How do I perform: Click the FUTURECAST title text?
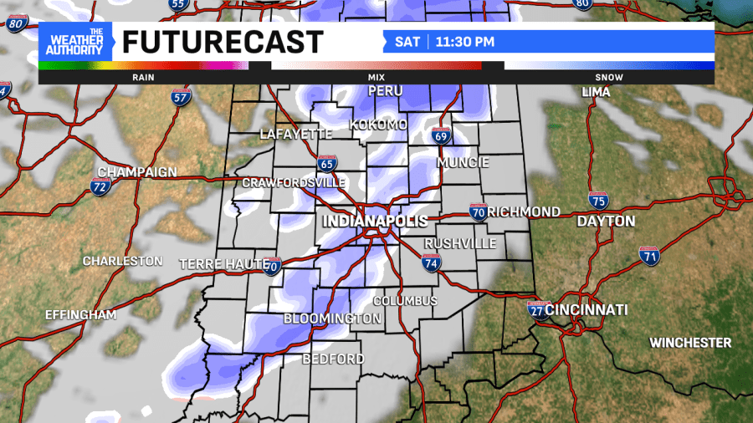[223, 42]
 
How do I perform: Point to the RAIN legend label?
[144, 77]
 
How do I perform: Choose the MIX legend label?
[376, 77]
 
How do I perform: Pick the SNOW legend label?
[609, 77]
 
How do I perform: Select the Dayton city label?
[606, 222]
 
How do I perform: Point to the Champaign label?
[137, 172]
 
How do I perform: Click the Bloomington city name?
[332, 319]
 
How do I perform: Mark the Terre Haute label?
[219, 264]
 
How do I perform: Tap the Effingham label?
[80, 315]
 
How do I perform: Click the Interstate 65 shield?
[328, 162]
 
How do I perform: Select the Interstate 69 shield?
[442, 135]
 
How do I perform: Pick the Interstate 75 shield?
[598, 200]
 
